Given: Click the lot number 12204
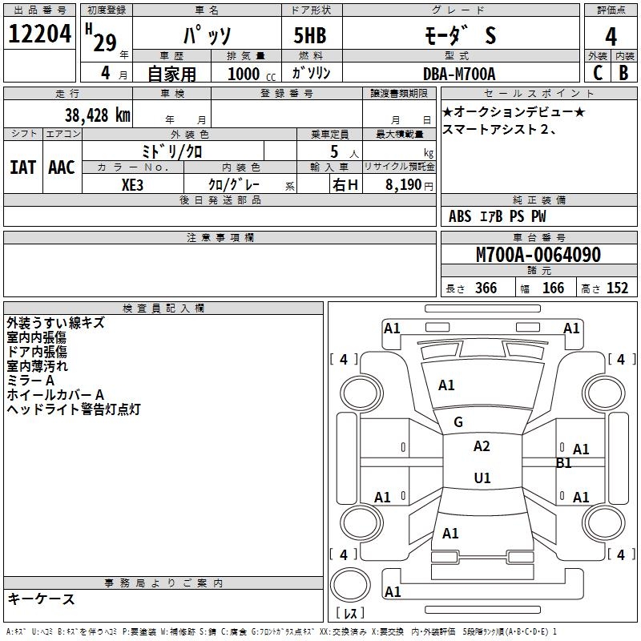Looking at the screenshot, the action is pos(41,35).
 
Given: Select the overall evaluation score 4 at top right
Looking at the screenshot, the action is pos(611,37).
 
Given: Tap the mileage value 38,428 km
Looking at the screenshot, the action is pos(97,115).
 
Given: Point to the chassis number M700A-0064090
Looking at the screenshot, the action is pos(538,256).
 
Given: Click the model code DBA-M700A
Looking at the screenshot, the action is pos(459,74).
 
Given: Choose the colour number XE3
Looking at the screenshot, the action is pos(133,184).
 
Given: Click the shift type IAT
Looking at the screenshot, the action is pos(22,167).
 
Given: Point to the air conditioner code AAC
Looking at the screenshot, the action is pos(62,167).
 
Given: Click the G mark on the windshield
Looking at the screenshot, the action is pos(458,422).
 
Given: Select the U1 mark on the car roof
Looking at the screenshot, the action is pos(482,478).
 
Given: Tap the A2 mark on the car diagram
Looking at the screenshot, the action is pos(482,446).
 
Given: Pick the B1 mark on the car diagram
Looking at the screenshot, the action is pos(564,462).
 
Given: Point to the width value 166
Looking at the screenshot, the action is pos(553,288).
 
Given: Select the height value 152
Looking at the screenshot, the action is pos(617,288).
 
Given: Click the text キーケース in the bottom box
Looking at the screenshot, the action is pos(41,599).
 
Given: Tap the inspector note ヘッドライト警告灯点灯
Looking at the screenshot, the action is pos(74,409).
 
